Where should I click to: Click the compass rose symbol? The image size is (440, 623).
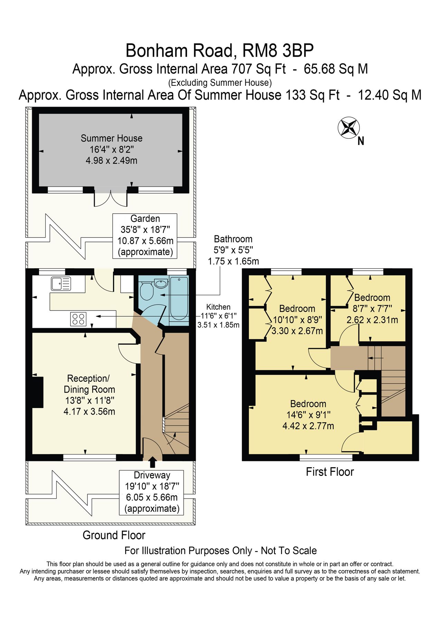348,127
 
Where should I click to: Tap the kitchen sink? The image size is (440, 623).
60,283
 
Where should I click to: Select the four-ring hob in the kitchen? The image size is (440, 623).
78,319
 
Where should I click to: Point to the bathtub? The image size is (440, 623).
179,298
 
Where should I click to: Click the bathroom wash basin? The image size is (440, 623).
161,284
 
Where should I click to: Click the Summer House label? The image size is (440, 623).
111,149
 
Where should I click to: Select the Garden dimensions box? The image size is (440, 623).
145,235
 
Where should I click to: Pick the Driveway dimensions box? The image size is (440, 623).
151,492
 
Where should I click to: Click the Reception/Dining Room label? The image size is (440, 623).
89,395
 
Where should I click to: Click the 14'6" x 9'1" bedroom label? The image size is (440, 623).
308,415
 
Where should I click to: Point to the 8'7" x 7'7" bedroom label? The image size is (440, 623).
372,308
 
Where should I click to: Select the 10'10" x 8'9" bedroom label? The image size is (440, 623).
297,319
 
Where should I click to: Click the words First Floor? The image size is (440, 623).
330,472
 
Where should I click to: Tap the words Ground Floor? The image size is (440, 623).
114,535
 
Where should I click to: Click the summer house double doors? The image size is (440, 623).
111,198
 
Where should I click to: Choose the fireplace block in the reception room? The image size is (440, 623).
37,392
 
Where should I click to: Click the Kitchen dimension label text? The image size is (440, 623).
218,316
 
